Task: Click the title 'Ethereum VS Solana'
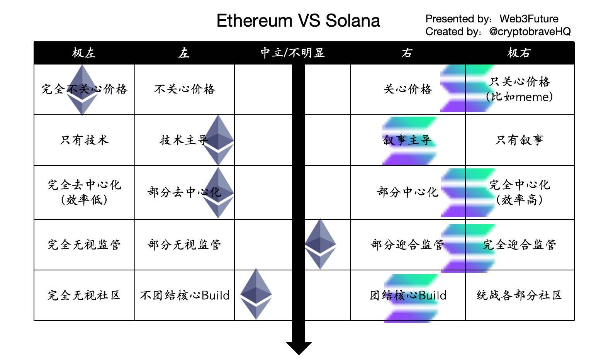(298, 20)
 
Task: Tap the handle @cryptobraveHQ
(530, 32)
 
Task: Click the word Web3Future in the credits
(529, 19)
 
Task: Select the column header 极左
(84, 53)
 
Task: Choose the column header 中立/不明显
(292, 53)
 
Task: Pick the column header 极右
(519, 53)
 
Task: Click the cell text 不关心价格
(185, 89)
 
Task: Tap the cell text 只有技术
(84, 140)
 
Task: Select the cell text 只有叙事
(519, 140)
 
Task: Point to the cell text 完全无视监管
(84, 245)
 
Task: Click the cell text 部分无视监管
(184, 245)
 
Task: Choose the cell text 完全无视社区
(84, 295)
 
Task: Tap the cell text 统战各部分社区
(519, 295)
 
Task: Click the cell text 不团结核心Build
(185, 295)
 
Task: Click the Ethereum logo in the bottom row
(256, 294)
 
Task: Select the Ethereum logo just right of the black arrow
(320, 244)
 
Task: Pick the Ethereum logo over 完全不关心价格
(82, 90)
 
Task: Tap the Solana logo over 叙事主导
(410, 141)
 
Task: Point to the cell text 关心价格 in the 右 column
(408, 89)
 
